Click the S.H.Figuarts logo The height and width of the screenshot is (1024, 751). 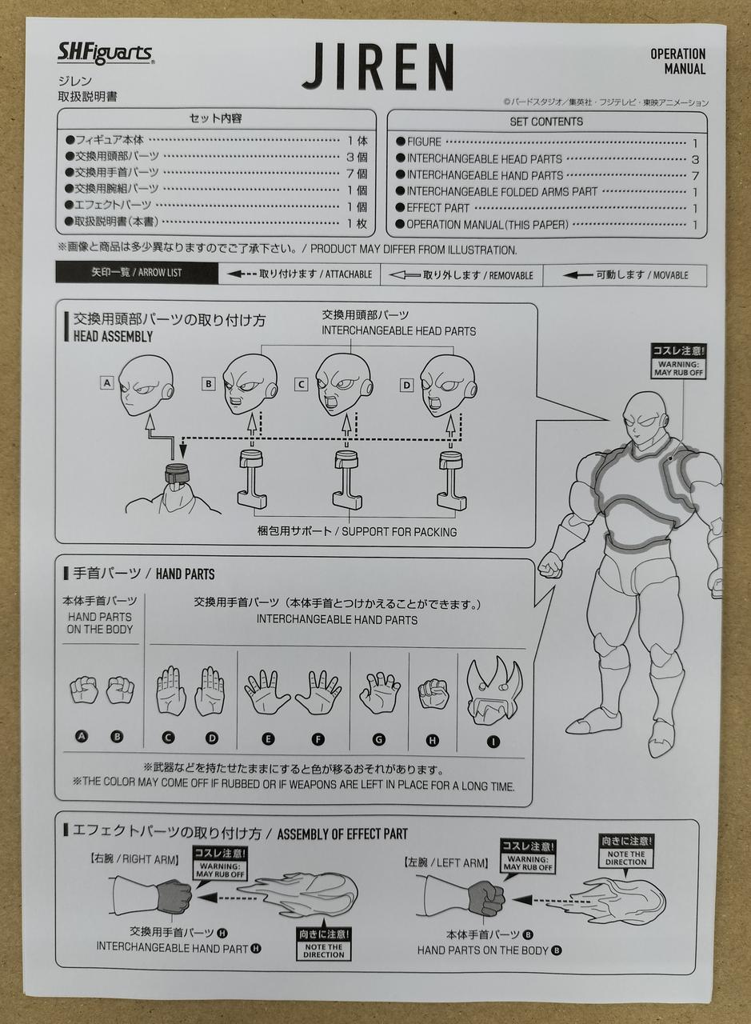pyautogui.click(x=106, y=54)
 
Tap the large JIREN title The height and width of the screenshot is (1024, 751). pyautogui.click(x=378, y=66)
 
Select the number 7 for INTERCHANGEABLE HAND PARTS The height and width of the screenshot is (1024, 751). pyautogui.click(x=695, y=175)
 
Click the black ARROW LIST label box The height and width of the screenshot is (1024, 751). pyautogui.click(x=137, y=273)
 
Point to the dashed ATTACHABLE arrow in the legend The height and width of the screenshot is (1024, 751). pyautogui.click(x=242, y=274)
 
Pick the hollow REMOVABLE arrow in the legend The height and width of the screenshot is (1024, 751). pyautogui.click(x=404, y=275)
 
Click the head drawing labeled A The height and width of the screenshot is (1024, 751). pyautogui.click(x=146, y=385)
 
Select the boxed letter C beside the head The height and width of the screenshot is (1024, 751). pyautogui.click(x=301, y=385)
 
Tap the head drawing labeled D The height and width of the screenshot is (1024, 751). pyautogui.click(x=448, y=386)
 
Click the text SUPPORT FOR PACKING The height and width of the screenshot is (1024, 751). pyautogui.click(x=399, y=532)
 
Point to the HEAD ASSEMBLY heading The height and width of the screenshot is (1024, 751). pyautogui.click(x=113, y=337)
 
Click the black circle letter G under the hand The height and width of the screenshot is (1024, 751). pyautogui.click(x=378, y=740)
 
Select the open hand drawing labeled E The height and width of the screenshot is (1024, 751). pyautogui.click(x=267, y=692)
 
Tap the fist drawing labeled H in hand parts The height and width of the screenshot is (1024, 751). pyautogui.click(x=433, y=694)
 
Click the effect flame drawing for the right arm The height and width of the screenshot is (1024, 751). pyautogui.click(x=298, y=898)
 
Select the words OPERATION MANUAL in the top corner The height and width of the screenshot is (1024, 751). pyautogui.click(x=678, y=62)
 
